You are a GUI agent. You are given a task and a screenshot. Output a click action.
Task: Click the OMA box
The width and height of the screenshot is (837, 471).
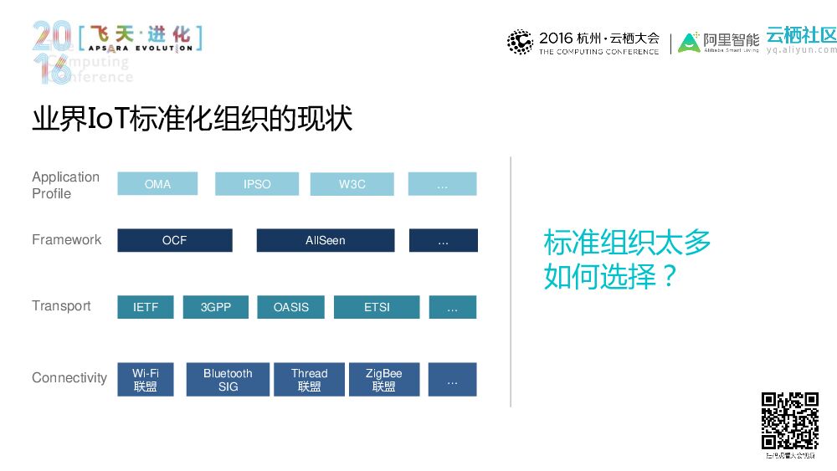157,184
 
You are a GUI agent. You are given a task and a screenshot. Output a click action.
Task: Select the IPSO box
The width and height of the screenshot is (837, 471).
257,184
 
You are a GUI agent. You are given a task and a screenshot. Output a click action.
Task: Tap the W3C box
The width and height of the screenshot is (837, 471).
352,184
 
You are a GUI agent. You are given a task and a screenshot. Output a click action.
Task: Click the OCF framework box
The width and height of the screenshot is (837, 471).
175,240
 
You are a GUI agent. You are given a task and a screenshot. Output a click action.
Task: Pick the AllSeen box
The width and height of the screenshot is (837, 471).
325,240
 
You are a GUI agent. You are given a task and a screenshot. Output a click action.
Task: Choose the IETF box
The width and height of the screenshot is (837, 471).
146,307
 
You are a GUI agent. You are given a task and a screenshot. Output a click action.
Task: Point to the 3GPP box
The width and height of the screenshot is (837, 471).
216,307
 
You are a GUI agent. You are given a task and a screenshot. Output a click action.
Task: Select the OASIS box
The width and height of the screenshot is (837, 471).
291,307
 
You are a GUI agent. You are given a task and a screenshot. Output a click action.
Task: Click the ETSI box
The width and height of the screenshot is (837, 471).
377,307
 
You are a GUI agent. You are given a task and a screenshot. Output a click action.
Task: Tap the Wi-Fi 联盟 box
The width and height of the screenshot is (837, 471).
146,380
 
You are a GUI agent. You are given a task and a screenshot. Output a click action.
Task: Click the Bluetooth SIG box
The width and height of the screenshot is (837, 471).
228,380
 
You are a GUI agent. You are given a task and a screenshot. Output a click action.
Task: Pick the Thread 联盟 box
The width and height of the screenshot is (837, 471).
309,380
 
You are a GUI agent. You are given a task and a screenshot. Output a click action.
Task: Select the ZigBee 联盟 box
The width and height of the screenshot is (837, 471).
384,380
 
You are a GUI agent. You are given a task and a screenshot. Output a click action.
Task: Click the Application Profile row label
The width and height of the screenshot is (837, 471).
65,185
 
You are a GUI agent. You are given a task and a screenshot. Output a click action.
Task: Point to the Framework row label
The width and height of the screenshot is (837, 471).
66,239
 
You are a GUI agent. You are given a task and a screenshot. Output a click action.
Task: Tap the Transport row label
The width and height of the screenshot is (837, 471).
61,306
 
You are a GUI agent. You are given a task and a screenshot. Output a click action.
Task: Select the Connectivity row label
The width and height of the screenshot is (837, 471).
69,378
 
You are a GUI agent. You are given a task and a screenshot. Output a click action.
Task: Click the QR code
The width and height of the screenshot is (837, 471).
789,421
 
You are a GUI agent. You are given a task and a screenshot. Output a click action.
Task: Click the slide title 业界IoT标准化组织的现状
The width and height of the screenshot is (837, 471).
192,119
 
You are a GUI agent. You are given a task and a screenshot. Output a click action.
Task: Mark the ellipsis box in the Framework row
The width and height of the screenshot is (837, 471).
443,240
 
